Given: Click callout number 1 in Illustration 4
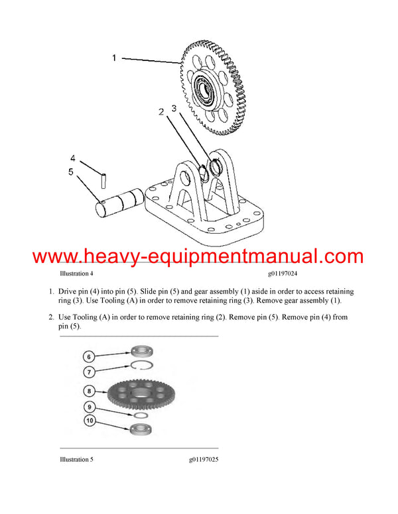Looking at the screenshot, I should click(113, 58).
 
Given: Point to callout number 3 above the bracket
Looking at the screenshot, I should click(174, 107).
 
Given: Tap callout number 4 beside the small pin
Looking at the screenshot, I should click(74, 158).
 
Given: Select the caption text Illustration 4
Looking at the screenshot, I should click(76, 273).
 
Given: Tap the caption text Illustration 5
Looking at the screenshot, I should click(76, 459).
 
